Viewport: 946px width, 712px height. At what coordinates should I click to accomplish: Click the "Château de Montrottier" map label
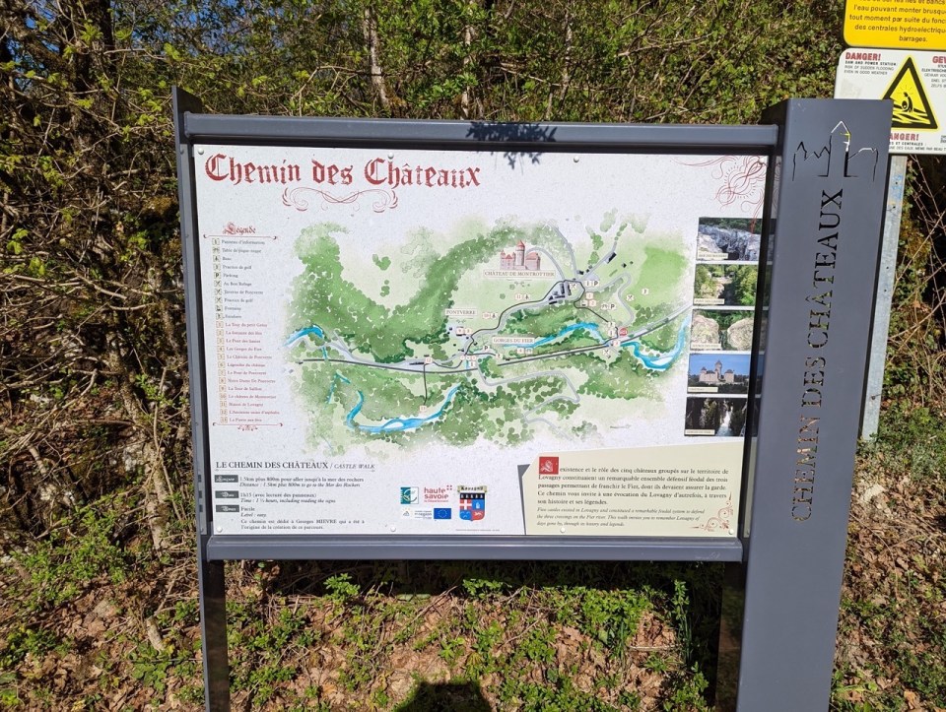tap(518, 273)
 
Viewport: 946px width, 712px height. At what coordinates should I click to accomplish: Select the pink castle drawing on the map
tap(519, 257)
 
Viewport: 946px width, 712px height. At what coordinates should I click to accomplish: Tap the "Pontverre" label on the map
tap(460, 312)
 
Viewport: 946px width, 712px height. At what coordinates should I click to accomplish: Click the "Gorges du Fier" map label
tap(507, 340)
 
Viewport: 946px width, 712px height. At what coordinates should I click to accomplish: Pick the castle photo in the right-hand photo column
tap(719, 372)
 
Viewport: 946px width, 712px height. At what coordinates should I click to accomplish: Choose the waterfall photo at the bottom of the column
tap(716, 416)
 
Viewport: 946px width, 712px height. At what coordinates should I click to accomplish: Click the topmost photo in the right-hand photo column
tap(728, 239)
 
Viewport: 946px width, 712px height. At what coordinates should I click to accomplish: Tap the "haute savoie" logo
tap(437, 494)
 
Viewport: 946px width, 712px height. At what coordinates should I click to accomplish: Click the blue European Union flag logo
tap(441, 513)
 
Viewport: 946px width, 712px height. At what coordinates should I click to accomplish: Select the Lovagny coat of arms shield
tap(472, 506)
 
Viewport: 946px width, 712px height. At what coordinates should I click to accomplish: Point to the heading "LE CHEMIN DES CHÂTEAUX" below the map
tap(271, 465)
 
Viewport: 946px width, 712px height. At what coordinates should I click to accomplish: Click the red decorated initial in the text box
tap(549, 466)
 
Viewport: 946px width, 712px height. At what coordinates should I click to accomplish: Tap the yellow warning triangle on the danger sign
tap(910, 94)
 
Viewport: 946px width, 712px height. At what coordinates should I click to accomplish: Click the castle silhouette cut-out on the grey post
tap(835, 156)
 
